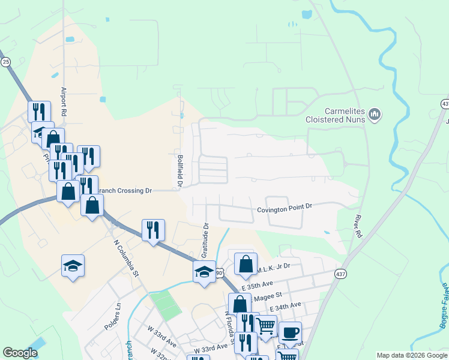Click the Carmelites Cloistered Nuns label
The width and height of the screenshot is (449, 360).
click(345, 115)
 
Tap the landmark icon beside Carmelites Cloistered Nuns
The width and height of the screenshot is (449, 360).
click(375, 113)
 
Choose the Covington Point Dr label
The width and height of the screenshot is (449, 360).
click(285, 208)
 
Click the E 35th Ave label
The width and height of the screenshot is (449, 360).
click(258, 284)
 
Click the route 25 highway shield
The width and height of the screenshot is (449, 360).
click(5, 62)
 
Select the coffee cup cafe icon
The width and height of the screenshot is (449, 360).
click(290, 332)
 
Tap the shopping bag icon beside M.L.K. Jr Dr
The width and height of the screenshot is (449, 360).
click(246, 264)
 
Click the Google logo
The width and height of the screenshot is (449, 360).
click(20, 353)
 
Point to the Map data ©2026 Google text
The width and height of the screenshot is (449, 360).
click(412, 355)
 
